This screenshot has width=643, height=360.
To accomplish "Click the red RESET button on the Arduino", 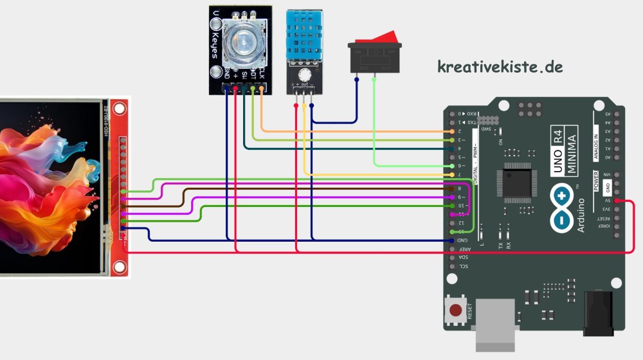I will point(456,310).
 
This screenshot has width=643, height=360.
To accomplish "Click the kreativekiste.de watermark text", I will point(500,66).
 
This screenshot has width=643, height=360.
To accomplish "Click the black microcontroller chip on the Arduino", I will point(516,182).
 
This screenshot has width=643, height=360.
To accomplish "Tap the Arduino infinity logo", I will point(562,207).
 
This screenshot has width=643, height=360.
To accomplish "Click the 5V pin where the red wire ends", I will point(617,201).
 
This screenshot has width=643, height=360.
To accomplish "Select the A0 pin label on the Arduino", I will point(608,157).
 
